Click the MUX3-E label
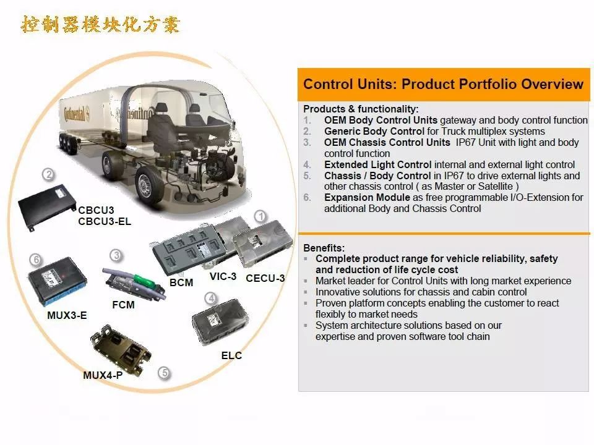tap(67, 315)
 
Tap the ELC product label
tap(231, 355)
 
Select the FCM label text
tap(124, 305)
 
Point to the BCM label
tap(181, 282)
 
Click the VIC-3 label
tap(223, 277)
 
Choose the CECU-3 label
tap(265, 278)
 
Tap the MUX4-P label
tap(103, 375)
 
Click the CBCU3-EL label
tap(105, 221)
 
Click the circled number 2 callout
tap(48, 174)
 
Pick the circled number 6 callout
tap(36, 260)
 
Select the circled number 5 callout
tap(165, 373)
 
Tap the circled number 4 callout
tap(211, 299)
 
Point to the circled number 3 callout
tap(116, 255)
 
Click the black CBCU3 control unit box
tap(47, 207)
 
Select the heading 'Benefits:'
tap(324, 248)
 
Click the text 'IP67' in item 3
tap(465, 142)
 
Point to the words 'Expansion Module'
tap(367, 198)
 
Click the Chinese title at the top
tap(100, 25)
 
